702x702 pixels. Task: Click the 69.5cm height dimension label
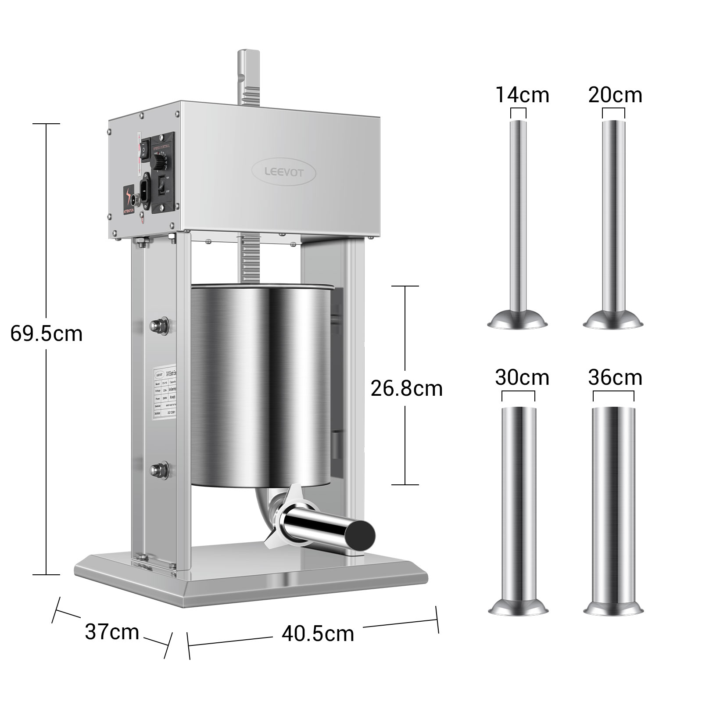pos(47,334)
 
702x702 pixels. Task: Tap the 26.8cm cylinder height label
pos(406,388)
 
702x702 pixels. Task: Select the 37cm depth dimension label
pos(112,632)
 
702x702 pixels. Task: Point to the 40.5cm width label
pos(318,634)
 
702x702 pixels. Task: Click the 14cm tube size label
pos(522,95)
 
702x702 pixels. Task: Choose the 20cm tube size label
pos(615,95)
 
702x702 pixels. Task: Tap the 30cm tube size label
pos(522,377)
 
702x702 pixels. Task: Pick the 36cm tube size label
pos(615,377)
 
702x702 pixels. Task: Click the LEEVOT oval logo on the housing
pos(283,172)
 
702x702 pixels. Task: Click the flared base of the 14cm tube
pos(518,319)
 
